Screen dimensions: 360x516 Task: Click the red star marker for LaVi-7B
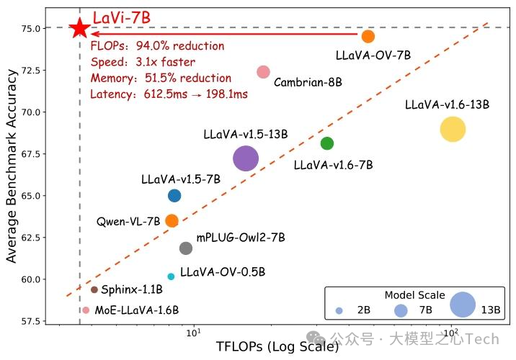79,28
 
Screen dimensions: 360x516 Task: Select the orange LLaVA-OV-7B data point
368,36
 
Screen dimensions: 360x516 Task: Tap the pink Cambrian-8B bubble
263,72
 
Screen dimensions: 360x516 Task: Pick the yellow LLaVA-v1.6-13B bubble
453,130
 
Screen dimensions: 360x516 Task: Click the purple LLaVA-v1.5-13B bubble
246,158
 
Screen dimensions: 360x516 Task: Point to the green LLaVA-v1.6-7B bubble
327,143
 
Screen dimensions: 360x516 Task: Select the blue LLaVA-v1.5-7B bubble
174,195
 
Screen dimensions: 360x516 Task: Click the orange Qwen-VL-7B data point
172,220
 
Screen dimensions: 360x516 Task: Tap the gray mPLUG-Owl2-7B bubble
186,248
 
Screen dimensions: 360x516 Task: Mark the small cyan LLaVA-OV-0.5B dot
171,276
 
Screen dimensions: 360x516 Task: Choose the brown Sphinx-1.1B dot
94,289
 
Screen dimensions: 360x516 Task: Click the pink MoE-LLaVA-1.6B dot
86,310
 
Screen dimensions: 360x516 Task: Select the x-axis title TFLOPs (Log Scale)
277,347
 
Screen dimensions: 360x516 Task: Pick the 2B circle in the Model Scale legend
339,310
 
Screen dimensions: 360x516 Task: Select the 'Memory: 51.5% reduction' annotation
160,78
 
